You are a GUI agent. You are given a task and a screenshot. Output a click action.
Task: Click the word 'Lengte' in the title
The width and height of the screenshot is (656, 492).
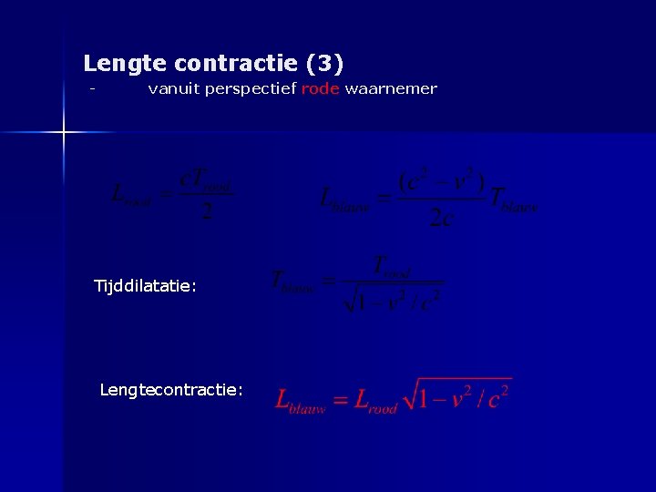(125, 64)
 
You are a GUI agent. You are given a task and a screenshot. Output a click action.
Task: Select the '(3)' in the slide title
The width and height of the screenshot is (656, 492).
(325, 64)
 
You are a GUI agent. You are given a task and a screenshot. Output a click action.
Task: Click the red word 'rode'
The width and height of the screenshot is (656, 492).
(320, 89)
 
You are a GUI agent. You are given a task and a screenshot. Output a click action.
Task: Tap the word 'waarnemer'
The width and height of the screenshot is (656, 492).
(391, 89)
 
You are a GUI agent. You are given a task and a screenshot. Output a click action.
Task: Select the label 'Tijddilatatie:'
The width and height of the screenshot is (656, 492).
(145, 286)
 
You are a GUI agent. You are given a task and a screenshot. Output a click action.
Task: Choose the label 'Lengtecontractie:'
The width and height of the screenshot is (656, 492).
(171, 390)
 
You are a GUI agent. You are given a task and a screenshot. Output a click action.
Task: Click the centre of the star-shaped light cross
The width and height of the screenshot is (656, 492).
(64, 133)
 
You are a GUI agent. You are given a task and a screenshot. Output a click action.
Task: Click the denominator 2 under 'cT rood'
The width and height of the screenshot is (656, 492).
(207, 212)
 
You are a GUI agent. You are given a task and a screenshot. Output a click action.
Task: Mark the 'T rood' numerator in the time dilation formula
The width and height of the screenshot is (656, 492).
(393, 267)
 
